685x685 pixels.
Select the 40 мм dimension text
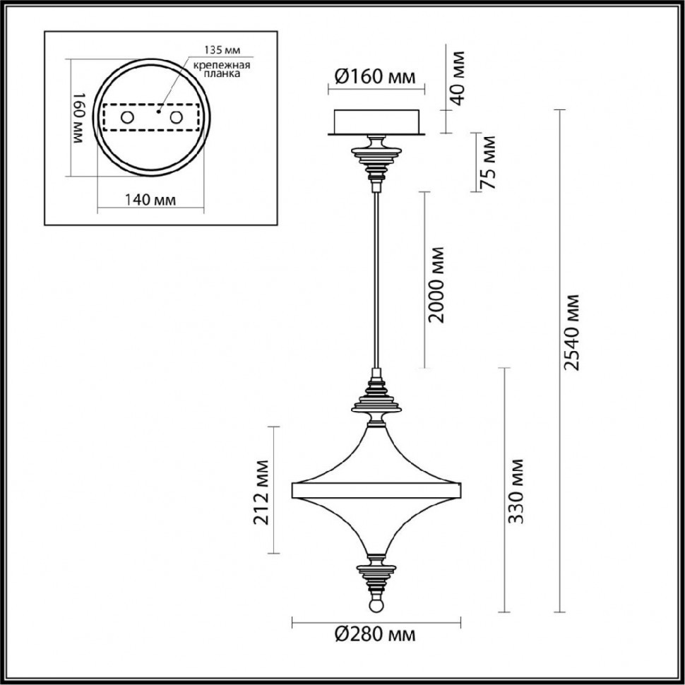(x=458, y=77)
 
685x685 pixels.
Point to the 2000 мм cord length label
(x=437, y=284)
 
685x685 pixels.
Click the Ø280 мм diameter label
(x=375, y=634)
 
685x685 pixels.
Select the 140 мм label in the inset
(x=149, y=200)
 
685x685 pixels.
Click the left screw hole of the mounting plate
(x=129, y=117)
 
